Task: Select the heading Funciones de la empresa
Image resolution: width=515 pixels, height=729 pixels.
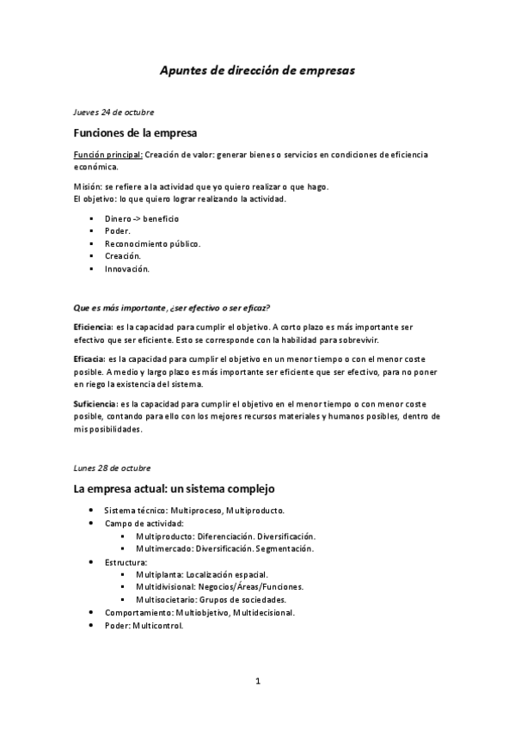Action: coord(135,134)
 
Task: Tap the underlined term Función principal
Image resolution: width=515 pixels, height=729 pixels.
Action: coord(107,156)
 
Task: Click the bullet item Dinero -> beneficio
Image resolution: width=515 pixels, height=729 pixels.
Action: coord(141,218)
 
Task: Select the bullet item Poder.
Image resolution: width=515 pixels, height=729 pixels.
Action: coord(118,231)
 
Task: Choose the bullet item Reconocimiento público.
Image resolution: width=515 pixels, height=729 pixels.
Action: coord(152,243)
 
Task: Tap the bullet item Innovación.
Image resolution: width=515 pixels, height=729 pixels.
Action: coord(127,269)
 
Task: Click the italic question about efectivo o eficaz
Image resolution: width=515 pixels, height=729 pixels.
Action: coord(178,307)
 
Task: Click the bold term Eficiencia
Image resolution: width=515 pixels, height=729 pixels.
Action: coord(93,328)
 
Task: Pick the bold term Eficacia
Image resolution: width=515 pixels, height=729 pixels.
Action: coord(89,358)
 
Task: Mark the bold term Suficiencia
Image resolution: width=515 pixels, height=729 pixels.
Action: coord(95,403)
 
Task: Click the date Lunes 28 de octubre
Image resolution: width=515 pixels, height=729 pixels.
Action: coord(113,468)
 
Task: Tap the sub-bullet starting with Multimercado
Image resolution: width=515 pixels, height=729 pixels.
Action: coord(224,548)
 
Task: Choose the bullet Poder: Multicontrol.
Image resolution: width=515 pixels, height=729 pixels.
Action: coord(144,626)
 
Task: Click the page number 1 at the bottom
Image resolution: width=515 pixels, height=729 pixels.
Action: coord(257,682)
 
